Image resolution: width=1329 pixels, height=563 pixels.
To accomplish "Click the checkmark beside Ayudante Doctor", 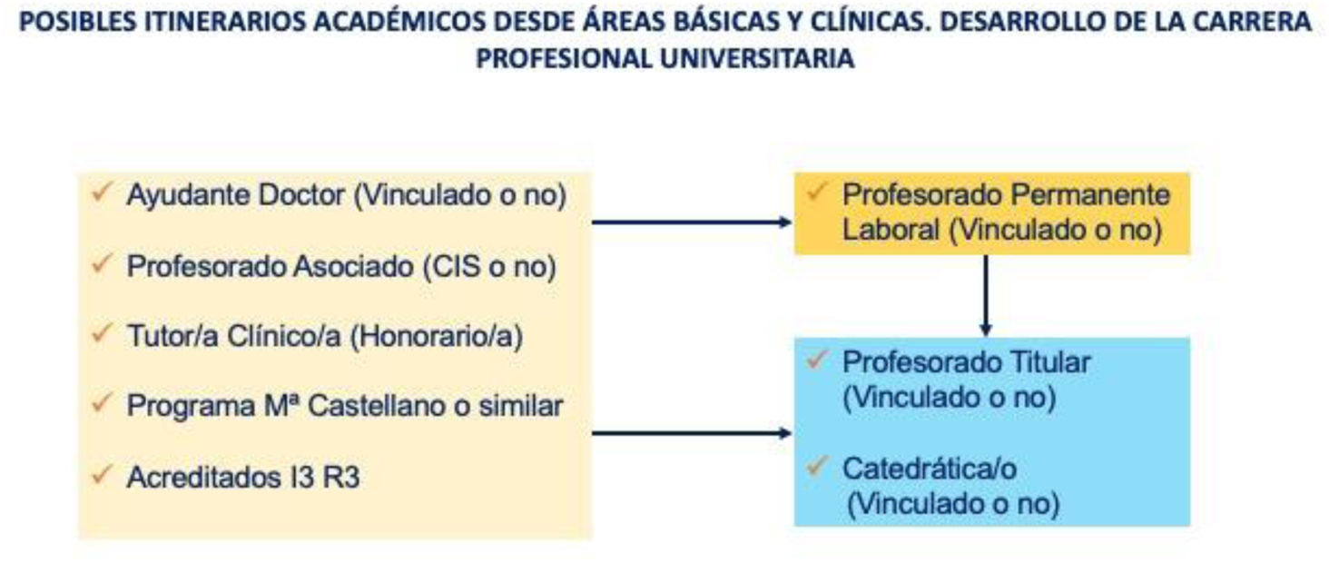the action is coord(102,193).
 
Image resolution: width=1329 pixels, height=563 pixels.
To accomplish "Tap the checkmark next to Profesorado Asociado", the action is coord(102,263).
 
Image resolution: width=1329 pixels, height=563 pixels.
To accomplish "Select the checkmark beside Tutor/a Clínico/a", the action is coord(102,333).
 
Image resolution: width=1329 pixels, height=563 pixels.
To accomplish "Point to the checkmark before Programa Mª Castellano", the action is coord(102,403).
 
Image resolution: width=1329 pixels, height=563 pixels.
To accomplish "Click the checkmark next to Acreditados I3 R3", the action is coord(102,474).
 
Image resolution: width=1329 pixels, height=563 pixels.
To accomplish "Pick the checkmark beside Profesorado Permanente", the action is coord(816,192).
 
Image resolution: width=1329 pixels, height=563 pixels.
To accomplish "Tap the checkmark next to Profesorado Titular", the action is coord(816,359).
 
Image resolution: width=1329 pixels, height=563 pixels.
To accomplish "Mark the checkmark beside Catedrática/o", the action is coord(816,467).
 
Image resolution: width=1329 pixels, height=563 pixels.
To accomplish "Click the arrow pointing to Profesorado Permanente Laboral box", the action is coord(692,222).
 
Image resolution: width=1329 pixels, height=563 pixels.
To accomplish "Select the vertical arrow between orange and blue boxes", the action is coord(986,295).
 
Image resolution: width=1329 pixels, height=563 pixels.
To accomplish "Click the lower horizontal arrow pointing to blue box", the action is coord(692,433).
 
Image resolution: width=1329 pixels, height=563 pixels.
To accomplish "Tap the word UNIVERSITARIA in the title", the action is coord(757,59).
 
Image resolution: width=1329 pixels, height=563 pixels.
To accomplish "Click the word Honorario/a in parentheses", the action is coord(436,336).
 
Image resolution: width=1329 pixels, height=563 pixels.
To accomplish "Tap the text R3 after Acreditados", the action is coord(341,478).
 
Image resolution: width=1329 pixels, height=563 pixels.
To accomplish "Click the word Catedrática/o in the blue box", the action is coord(930,469).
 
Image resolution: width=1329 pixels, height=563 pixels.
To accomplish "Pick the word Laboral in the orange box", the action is coord(891,230).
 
